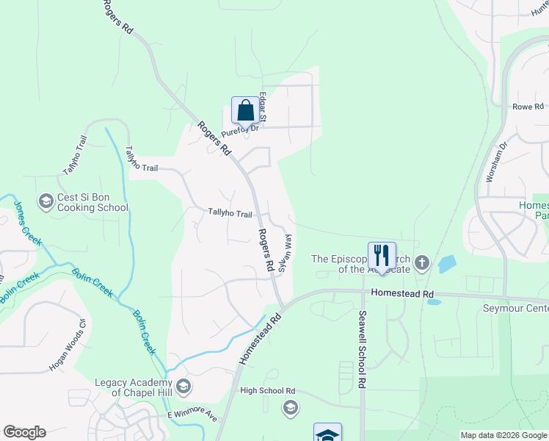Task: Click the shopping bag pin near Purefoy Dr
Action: pos(246,110)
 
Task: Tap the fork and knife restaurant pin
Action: pos(382,255)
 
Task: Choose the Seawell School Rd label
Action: pos(362,349)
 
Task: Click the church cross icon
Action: pos(421,262)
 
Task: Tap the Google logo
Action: pos(24,432)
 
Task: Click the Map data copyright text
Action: pos(503,435)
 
